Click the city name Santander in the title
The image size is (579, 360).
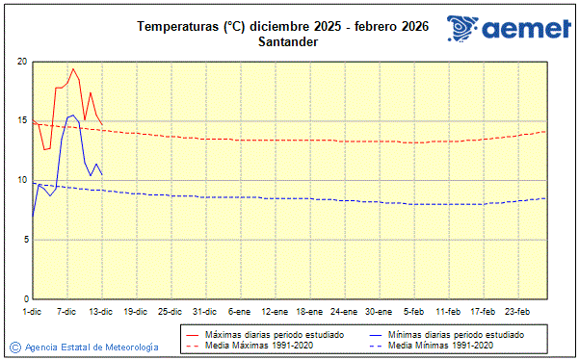pos(283,41)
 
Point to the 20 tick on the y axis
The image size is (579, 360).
pos(21,62)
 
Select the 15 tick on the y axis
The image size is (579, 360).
pos(21,121)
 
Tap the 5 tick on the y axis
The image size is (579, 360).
pos(23,240)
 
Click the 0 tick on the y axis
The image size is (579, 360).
pos(23,299)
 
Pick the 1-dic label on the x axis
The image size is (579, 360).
pos(32,311)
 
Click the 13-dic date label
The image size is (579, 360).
pos(101,311)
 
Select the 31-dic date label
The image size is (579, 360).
pos(204,311)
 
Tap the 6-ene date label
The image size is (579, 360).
pos(240,311)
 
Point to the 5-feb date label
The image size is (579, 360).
pos(414,311)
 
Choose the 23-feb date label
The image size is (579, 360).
pos(518,311)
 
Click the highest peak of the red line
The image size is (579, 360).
pos(73,69)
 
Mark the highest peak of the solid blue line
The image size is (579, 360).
pos(73,116)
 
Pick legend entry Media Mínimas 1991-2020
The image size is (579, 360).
pos(439,345)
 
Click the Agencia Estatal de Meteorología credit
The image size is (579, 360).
pos(84,347)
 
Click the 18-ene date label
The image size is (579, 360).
pos(309,311)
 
